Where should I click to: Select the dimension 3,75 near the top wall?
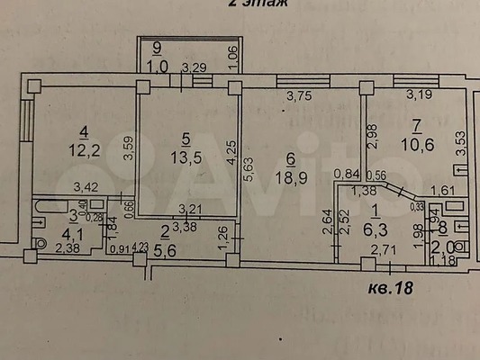coord(301,96)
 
